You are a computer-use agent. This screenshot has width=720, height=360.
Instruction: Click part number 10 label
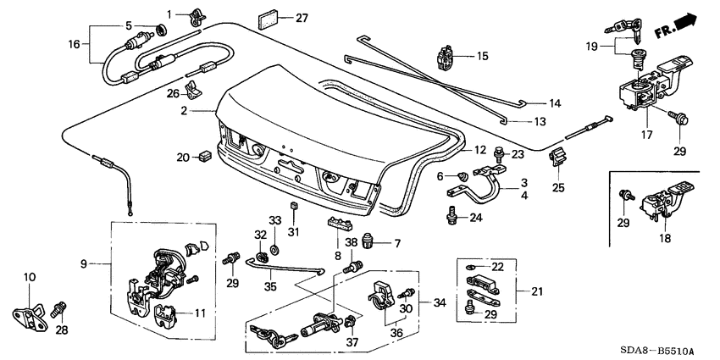30,277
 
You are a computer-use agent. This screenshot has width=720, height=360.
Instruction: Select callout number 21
536,291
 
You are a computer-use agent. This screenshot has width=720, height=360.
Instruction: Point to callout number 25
557,186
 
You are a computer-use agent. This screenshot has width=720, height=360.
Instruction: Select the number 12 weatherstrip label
480,149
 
